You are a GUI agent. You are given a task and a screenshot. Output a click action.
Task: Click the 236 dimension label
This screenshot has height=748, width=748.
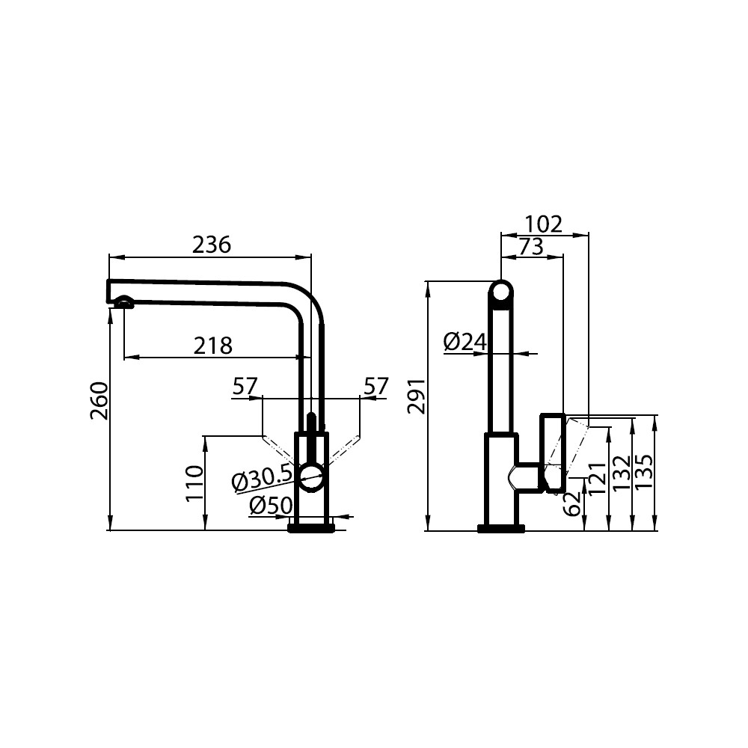pyautogui.click(x=212, y=245)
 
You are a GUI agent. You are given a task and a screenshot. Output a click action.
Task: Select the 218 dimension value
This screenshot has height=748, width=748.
pyautogui.click(x=212, y=346)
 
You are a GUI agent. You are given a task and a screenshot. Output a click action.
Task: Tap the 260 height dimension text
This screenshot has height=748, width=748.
pyautogui.click(x=99, y=401)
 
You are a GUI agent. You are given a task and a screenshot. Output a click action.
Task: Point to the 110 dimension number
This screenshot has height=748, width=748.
pyautogui.click(x=194, y=483)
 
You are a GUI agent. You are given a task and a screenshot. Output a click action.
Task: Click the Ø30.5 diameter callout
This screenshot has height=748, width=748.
pyautogui.click(x=261, y=479)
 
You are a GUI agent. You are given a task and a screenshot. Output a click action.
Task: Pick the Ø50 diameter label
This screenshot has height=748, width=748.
pyautogui.click(x=271, y=506)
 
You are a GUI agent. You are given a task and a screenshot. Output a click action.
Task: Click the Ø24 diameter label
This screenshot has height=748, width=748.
pyautogui.click(x=465, y=342)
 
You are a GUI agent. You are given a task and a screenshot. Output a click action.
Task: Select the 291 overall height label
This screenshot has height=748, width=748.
pyautogui.click(x=417, y=396)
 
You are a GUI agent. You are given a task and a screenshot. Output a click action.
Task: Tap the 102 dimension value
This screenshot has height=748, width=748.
pyautogui.click(x=543, y=224)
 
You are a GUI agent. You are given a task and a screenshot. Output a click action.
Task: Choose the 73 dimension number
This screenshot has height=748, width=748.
pyautogui.click(x=531, y=247)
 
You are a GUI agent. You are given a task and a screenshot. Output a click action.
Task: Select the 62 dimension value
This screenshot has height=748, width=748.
pyautogui.click(x=572, y=503)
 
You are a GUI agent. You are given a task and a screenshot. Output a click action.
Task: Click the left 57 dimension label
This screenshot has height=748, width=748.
pyautogui.click(x=245, y=387)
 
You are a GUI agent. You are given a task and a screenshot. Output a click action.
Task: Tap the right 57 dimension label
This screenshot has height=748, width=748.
pyautogui.click(x=376, y=387)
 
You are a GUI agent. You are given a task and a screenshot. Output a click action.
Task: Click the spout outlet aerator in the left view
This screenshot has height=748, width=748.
pyautogui.click(x=123, y=301)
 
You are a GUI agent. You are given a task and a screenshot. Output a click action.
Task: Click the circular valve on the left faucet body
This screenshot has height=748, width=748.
pyautogui.click(x=311, y=477)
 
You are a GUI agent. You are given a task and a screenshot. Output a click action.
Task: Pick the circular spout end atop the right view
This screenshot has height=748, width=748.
pyautogui.click(x=501, y=292)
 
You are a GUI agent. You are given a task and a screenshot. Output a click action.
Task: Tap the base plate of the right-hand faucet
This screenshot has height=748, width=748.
pyautogui.click(x=501, y=528)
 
